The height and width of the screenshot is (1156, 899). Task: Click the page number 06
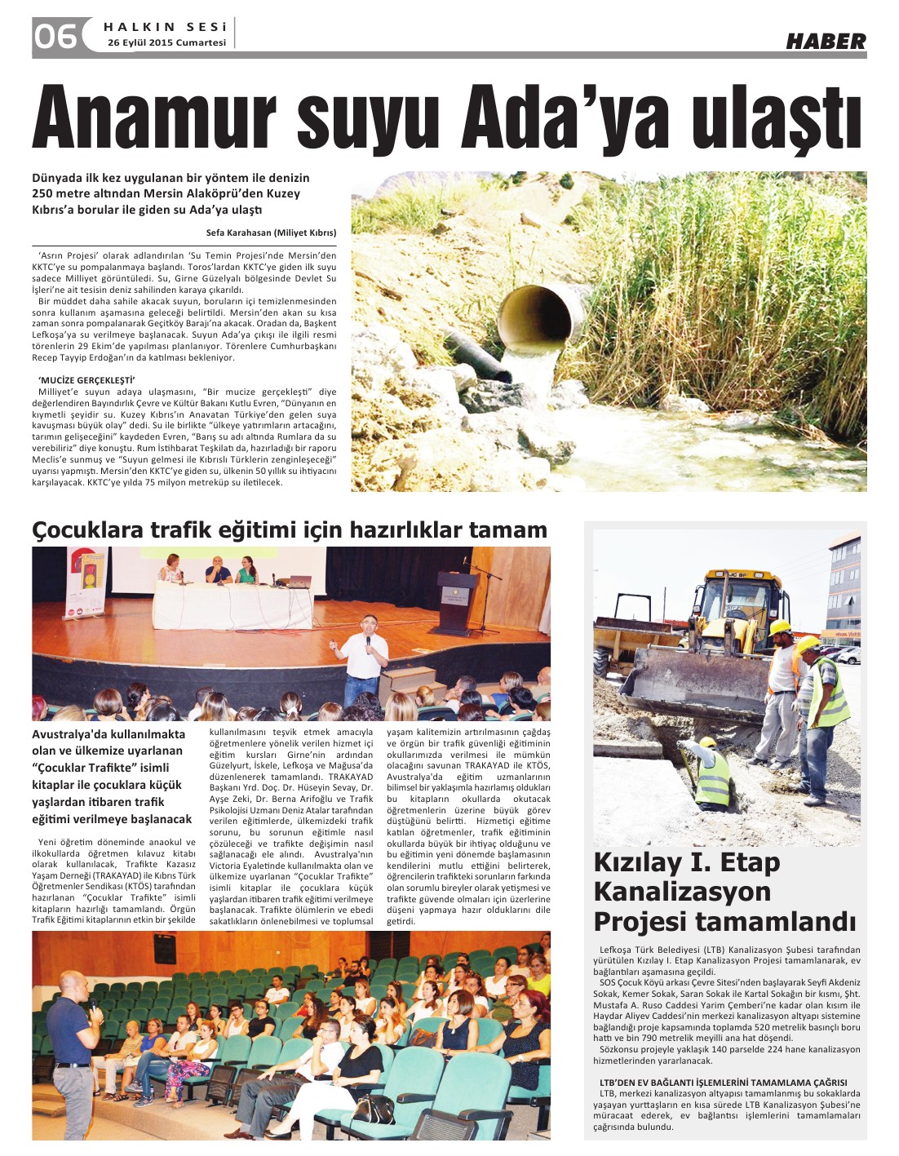coord(55,35)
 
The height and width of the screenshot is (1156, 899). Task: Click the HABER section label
coord(826,41)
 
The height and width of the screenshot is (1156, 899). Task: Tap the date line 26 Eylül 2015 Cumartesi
coord(166,42)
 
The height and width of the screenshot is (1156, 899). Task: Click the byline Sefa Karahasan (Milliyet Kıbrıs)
coord(271,233)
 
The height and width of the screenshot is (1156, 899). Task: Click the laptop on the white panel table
coord(300,581)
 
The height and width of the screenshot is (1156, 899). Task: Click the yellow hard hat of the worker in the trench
coord(707,742)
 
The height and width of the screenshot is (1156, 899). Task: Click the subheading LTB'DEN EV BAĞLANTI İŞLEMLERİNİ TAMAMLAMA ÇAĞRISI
coord(723,1083)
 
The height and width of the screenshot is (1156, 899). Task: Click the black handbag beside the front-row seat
coord(374,1109)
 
